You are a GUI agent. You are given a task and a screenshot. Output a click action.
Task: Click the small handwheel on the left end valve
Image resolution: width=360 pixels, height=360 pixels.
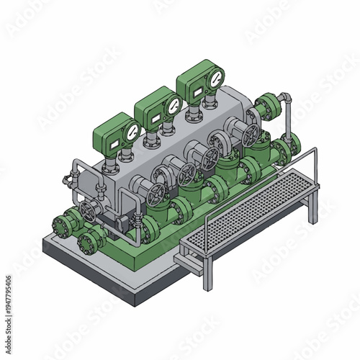tap(89, 211)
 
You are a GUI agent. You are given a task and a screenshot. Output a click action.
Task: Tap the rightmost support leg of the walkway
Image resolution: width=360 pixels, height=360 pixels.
tap(312, 209)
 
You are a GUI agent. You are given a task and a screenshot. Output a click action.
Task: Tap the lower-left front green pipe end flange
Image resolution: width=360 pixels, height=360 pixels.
tap(89, 242)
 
